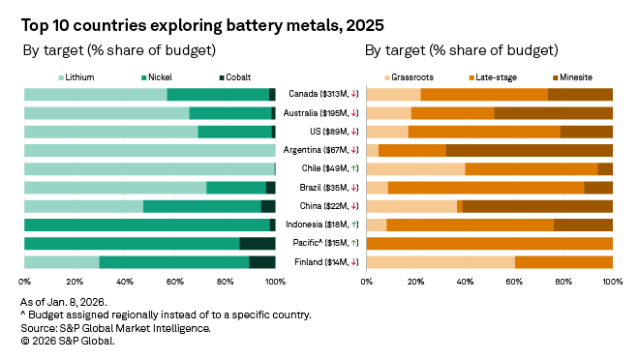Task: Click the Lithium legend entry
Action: click(x=80, y=75)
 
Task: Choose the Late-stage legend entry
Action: click(x=493, y=75)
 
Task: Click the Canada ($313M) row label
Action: click(x=320, y=94)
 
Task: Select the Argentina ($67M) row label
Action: click(x=320, y=150)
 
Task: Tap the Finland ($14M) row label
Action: click(x=320, y=262)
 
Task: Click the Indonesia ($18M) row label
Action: click(x=320, y=225)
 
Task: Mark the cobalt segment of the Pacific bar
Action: click(x=258, y=243)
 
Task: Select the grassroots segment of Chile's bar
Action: click(x=415, y=168)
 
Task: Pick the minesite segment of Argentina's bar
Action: click(x=529, y=150)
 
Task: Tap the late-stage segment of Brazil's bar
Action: click(x=486, y=187)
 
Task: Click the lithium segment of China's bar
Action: click(x=83, y=206)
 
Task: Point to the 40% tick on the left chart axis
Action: click(x=125, y=283)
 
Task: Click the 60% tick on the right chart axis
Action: click(x=514, y=283)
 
